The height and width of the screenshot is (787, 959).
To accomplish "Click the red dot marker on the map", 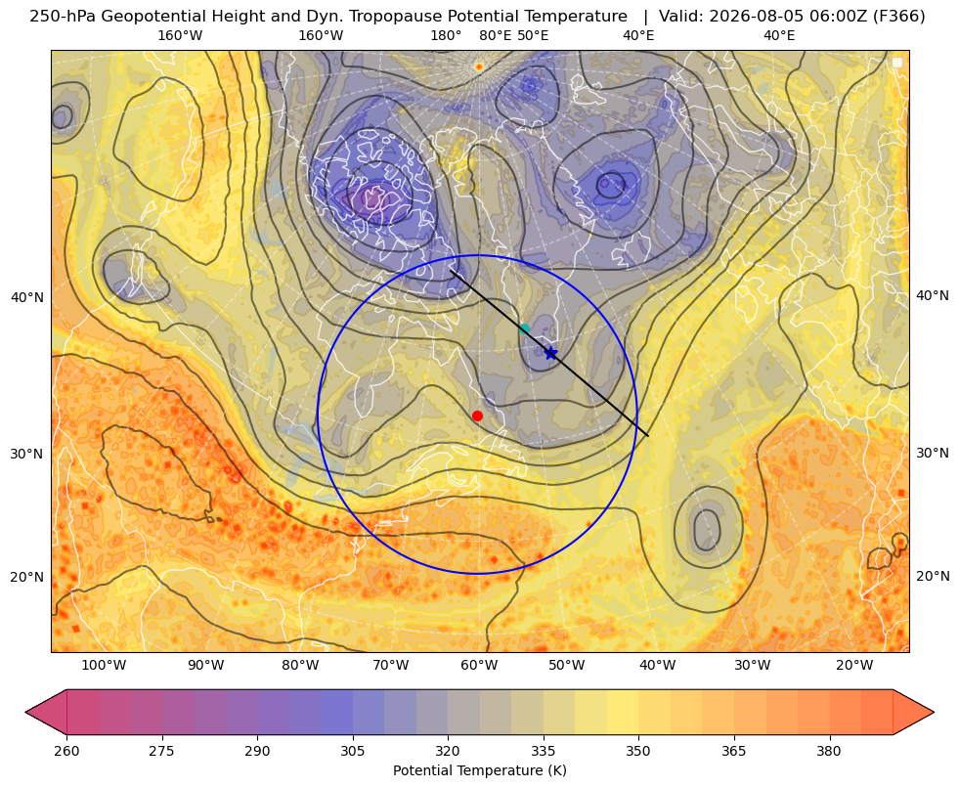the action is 477,415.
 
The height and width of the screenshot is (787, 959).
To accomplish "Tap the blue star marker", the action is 550,353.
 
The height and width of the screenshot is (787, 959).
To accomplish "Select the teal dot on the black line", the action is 524,329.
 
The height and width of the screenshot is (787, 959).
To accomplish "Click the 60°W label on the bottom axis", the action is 479,665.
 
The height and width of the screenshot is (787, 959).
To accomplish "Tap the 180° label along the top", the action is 446,35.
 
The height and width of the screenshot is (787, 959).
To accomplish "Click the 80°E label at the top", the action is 495,35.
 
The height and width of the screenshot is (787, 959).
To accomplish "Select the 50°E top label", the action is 533,35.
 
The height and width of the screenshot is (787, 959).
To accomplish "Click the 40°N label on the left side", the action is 27,298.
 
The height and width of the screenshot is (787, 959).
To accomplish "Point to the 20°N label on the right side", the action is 933,576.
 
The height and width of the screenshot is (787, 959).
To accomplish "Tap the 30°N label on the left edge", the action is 27,454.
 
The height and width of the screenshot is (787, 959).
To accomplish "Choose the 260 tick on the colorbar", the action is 66,751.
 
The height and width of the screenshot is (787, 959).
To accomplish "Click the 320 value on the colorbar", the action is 448,751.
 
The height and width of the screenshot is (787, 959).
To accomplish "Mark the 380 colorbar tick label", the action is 829,751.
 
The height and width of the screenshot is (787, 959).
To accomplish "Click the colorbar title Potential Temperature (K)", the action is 479,770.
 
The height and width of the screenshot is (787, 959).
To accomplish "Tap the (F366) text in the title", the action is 898,16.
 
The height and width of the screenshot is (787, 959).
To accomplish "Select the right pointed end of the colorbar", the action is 933,712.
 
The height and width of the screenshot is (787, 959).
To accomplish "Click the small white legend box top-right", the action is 897,63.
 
